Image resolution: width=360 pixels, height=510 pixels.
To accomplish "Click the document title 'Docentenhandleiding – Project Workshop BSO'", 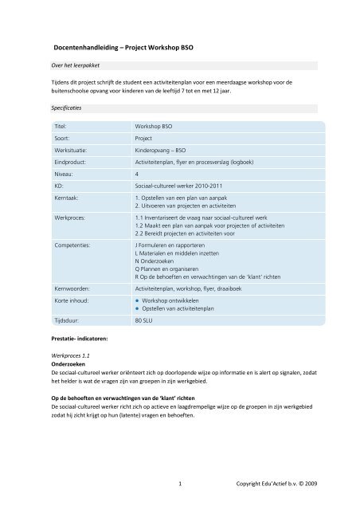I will [x=124, y=48].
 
